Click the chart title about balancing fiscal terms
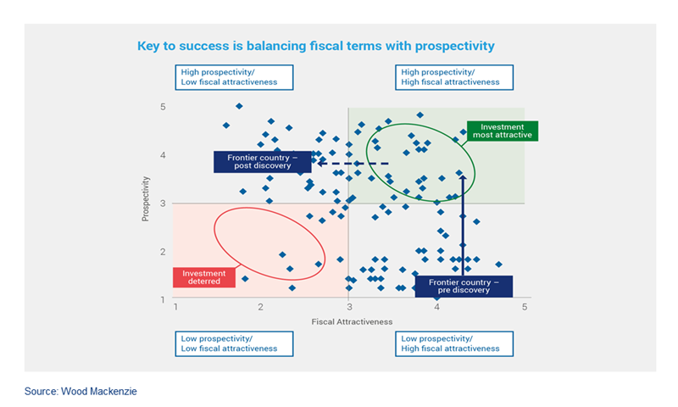315,44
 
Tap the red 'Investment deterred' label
203,277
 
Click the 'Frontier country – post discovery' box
254,161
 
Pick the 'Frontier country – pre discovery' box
458,286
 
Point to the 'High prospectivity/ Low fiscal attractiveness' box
234,77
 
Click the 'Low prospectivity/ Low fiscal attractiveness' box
234,343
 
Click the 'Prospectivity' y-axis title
146,199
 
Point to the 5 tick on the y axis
162,107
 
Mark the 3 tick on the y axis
162,203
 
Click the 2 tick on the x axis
261,307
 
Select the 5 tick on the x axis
525,307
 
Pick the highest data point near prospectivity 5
239,106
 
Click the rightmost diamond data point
498,265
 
